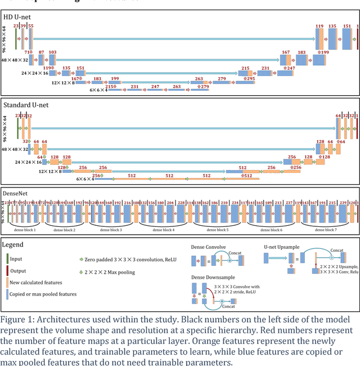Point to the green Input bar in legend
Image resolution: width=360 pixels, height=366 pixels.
click(7, 259)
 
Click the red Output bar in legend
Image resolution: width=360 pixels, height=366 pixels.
click(7, 271)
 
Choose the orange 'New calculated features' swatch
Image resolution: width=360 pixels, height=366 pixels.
click(7, 282)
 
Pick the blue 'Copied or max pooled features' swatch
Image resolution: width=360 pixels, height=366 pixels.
click(7, 293)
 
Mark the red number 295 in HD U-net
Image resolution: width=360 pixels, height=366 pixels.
click(250, 79)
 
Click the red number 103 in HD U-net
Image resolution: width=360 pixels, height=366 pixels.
click(52, 52)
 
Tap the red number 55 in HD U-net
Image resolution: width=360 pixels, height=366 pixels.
click(30, 26)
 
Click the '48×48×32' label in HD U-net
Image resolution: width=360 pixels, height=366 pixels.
click(15, 60)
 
